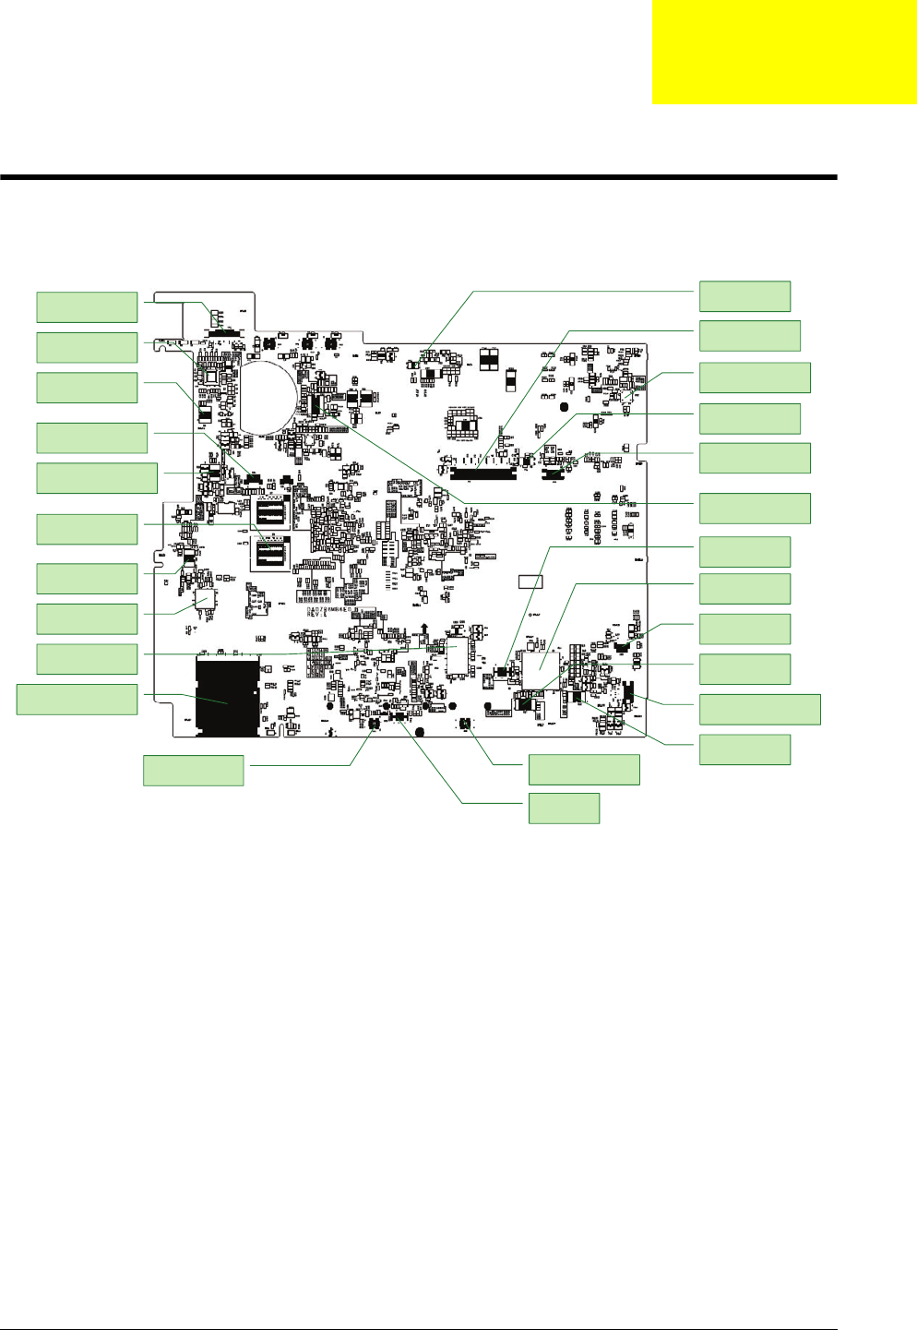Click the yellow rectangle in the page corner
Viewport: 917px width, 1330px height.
(x=784, y=52)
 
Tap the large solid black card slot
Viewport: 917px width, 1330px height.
(x=227, y=697)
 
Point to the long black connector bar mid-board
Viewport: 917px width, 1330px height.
(x=482, y=474)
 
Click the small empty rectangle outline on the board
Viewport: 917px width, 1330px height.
(x=530, y=581)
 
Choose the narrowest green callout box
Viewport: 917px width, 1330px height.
(x=564, y=809)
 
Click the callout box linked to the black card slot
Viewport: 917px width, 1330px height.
(x=77, y=700)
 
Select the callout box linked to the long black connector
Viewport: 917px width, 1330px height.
(x=750, y=335)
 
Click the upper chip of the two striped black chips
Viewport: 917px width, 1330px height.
(x=270, y=512)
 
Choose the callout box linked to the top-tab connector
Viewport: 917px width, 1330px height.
(x=87, y=306)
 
